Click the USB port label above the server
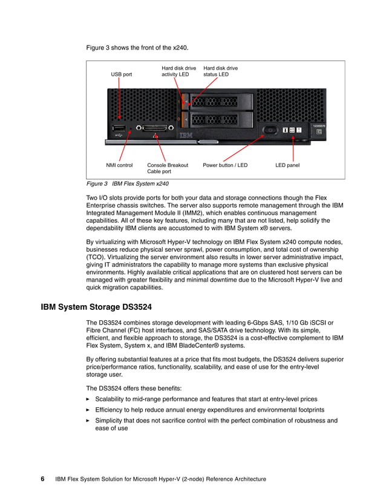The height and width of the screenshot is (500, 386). click(x=121, y=74)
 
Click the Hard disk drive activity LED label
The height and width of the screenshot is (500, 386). click(x=178, y=71)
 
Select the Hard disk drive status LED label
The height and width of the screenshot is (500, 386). click(x=220, y=71)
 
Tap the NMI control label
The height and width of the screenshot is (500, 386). click(x=119, y=165)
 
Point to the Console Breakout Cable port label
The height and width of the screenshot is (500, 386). click(x=168, y=168)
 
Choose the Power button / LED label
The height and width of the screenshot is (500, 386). click(x=225, y=165)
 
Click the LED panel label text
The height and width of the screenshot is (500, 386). click(x=287, y=165)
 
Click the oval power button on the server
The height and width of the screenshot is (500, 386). click(x=269, y=130)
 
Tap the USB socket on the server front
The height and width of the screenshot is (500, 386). click(x=119, y=128)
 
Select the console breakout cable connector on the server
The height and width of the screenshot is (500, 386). click(x=157, y=128)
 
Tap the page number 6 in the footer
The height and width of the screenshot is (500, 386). click(x=43, y=479)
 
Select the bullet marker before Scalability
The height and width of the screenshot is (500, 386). click(x=88, y=400)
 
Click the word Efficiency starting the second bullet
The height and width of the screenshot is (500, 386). click(x=110, y=410)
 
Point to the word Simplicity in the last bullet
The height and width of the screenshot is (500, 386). click(x=110, y=420)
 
